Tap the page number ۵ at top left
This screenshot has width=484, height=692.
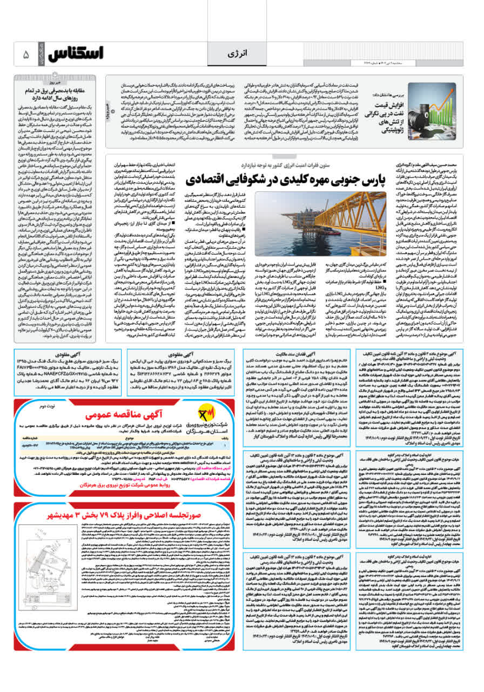(26, 55)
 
